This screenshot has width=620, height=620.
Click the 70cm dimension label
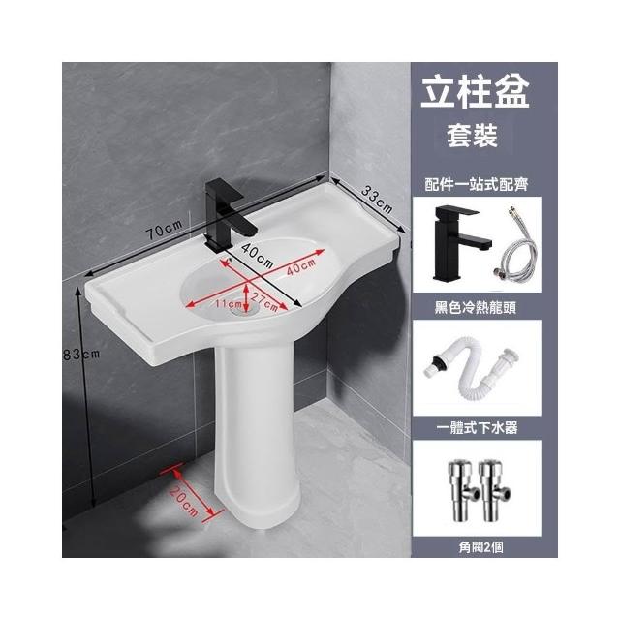pos(165,230)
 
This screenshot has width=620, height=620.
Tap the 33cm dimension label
pos(377,200)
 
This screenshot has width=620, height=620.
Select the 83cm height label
pos(81,355)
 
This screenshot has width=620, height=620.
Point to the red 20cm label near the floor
pos(183,501)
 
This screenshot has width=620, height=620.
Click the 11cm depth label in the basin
pos(229,303)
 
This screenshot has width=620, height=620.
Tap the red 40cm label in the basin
pos(301,267)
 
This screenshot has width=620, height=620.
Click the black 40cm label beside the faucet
pos(257,256)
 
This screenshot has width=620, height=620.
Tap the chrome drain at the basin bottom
pos(243,310)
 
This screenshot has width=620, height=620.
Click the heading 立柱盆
pos(475,92)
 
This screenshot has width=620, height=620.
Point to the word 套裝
pos(472,136)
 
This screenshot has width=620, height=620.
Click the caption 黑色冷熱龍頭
pos(476,307)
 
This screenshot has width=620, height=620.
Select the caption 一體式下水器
pos(477,427)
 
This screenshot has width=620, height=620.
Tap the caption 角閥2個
pos(480,547)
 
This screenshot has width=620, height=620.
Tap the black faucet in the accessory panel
pos(458,241)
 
